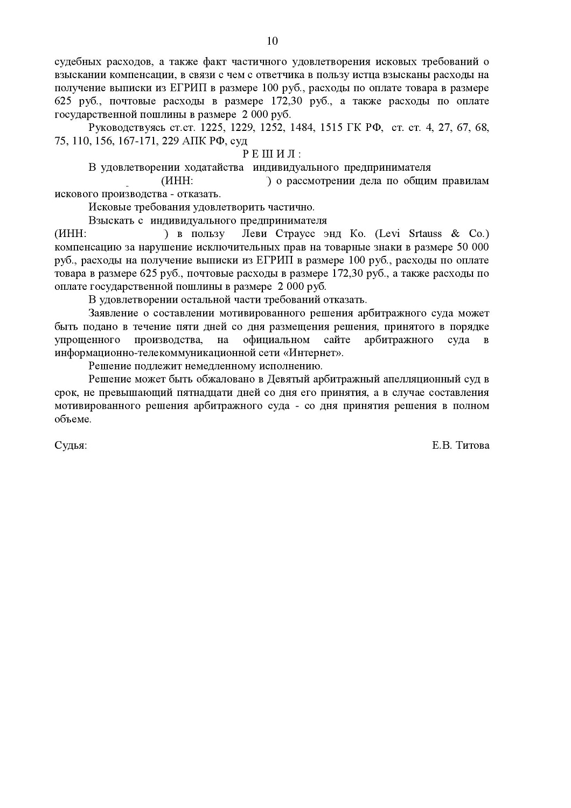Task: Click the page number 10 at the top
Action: click(x=272, y=41)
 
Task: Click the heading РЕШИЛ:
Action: click(x=272, y=155)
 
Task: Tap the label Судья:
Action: click(x=71, y=445)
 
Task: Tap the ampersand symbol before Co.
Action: click(x=455, y=234)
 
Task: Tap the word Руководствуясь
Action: click(x=127, y=128)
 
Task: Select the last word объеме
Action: click(x=73, y=419)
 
